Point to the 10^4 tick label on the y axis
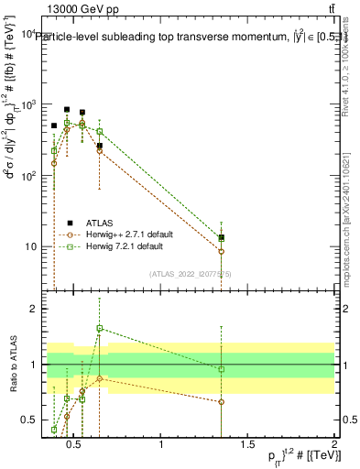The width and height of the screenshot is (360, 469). point(27,34)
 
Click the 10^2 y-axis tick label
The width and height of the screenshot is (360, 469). point(27,176)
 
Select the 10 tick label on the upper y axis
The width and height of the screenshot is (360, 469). point(30,247)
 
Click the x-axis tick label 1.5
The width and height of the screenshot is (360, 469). point(248,445)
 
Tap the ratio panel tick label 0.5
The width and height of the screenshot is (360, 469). point(30,420)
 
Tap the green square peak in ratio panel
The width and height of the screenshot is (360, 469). point(99,328)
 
